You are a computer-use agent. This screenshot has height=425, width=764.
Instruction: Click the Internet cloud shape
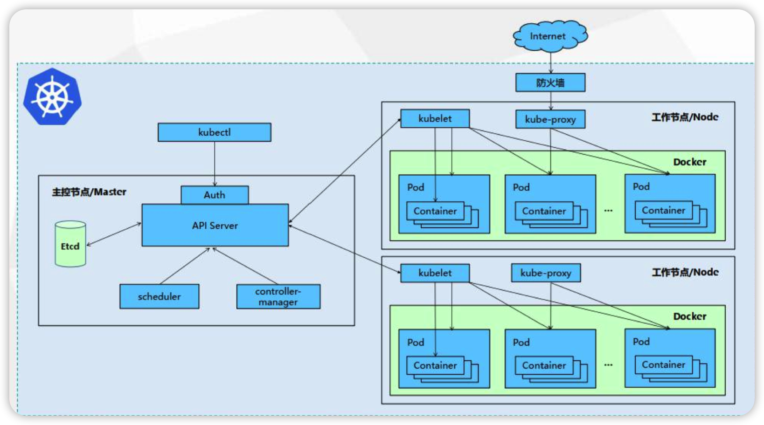pos(550,36)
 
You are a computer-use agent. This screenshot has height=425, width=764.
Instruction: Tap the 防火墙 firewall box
pos(550,82)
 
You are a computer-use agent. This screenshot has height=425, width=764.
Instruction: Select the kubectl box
pos(215,132)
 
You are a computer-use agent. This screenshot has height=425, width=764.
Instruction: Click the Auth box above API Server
pos(215,195)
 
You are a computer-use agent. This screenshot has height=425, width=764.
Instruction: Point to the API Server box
pos(215,225)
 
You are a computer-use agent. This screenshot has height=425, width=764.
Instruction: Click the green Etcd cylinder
pos(70,244)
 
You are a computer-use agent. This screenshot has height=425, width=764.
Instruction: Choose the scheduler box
pos(159,296)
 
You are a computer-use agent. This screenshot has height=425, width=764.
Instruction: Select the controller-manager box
pos(278,296)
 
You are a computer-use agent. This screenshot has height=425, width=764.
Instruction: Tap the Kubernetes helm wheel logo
pos(52,97)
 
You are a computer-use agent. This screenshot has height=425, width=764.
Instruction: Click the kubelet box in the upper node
pos(435,119)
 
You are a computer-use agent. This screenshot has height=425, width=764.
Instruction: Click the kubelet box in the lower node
pos(435,273)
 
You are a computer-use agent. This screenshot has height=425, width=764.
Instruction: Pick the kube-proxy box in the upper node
pos(550,119)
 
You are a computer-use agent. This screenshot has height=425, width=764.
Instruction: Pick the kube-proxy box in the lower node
pos(546,273)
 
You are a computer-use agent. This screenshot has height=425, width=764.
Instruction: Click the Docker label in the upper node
pos(690,162)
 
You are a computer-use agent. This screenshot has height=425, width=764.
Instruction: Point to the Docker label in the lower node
pos(690,316)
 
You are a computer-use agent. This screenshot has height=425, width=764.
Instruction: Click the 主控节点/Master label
pos(89,192)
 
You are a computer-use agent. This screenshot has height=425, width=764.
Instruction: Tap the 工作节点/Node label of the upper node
pos(685,117)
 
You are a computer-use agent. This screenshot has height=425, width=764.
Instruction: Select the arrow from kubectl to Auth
pos(215,164)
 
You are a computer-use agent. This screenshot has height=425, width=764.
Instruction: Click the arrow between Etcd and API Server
pos(114,234)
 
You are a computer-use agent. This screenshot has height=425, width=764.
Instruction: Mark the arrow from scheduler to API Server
pos(185,266)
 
